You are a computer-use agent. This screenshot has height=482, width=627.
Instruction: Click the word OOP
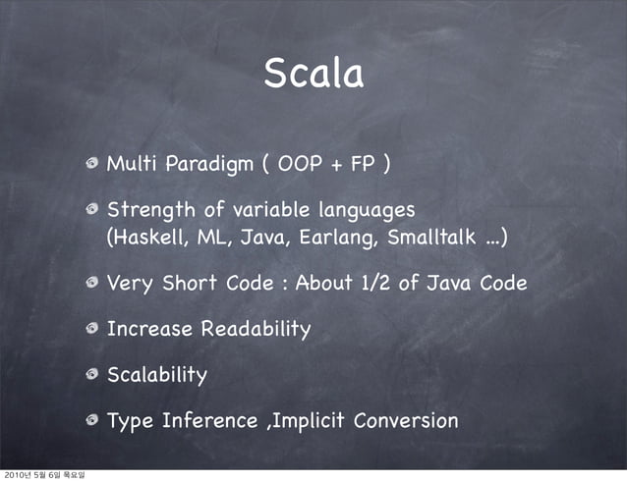click(x=299, y=162)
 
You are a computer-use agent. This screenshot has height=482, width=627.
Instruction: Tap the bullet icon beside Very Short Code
click(x=91, y=284)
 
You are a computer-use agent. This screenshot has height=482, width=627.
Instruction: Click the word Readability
click(x=256, y=329)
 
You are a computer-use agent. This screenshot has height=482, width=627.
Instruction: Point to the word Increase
click(x=150, y=329)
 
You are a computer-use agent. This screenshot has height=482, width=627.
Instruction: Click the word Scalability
click(x=157, y=375)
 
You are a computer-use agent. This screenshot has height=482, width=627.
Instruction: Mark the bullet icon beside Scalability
click(x=91, y=375)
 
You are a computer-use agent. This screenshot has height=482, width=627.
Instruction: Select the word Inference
click(x=206, y=421)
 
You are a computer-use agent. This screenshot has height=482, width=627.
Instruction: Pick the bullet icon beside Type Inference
click(x=91, y=421)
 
